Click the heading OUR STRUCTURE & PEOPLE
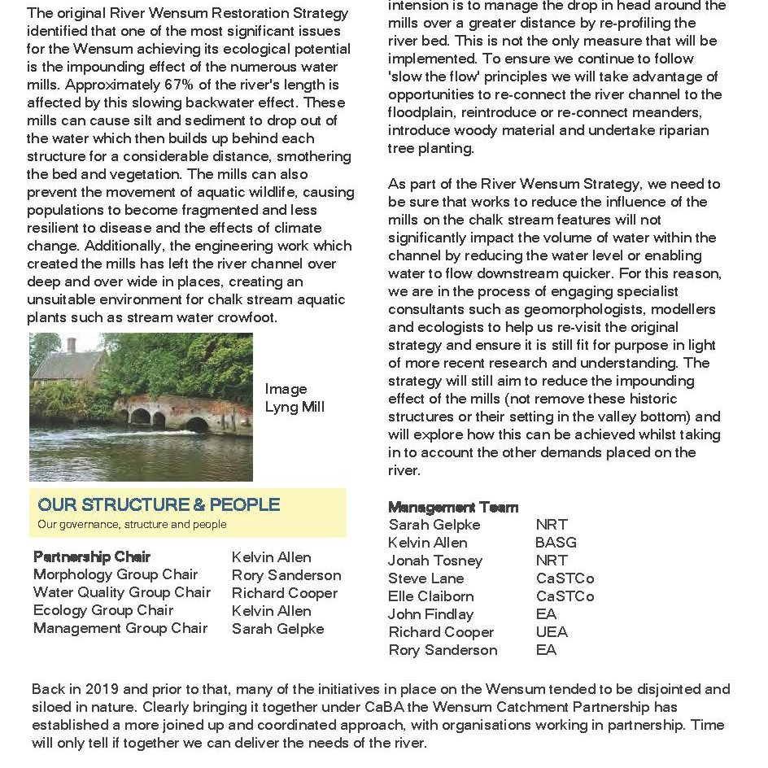pyautogui.click(x=159, y=504)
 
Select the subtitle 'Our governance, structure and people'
pyautogui.click(x=132, y=525)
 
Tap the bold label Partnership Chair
pyautogui.click(x=92, y=557)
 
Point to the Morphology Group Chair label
pyautogui.click(x=116, y=575)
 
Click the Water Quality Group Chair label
pyautogui.click(x=122, y=593)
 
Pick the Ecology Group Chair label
pyautogui.click(x=103, y=611)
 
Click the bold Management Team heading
pyautogui.click(x=453, y=507)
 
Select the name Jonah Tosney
pyautogui.click(x=435, y=561)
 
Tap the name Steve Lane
pyautogui.click(x=426, y=578)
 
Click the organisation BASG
pyautogui.click(x=556, y=543)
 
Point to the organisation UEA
pyautogui.click(x=552, y=632)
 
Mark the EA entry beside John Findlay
pyautogui.click(x=546, y=614)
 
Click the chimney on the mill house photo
pyautogui.click(x=72, y=345)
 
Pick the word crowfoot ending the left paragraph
pyautogui.click(x=244, y=317)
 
